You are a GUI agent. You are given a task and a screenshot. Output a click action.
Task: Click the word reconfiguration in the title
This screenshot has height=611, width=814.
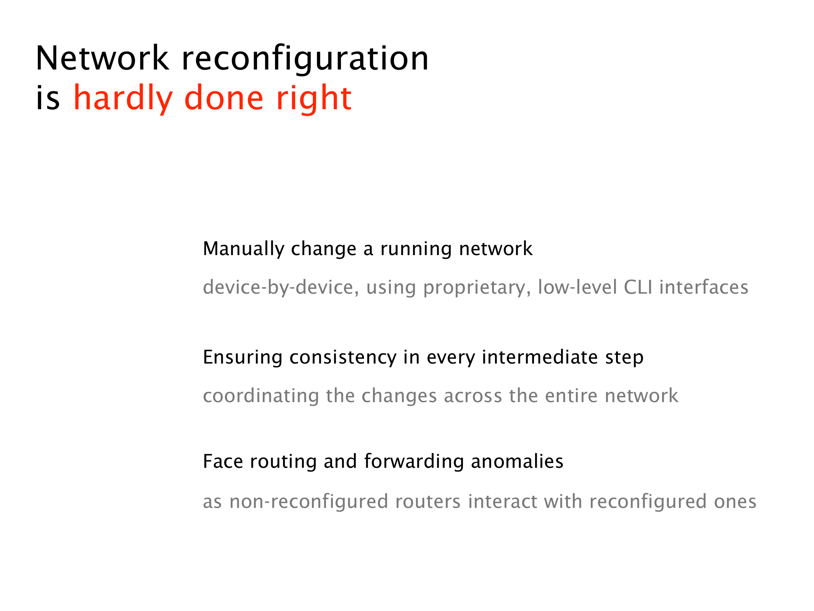coord(305,59)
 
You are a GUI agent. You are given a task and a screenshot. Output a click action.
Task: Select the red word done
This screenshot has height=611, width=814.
coord(224,98)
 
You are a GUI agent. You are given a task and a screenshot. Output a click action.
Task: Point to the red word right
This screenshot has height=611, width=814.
coord(314,99)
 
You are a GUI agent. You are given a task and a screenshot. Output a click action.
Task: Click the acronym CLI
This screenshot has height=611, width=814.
coord(638,288)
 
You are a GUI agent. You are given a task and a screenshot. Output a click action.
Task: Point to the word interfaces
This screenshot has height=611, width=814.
coord(704,288)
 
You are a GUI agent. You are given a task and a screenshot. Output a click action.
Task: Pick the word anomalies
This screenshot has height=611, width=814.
coord(517,461)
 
